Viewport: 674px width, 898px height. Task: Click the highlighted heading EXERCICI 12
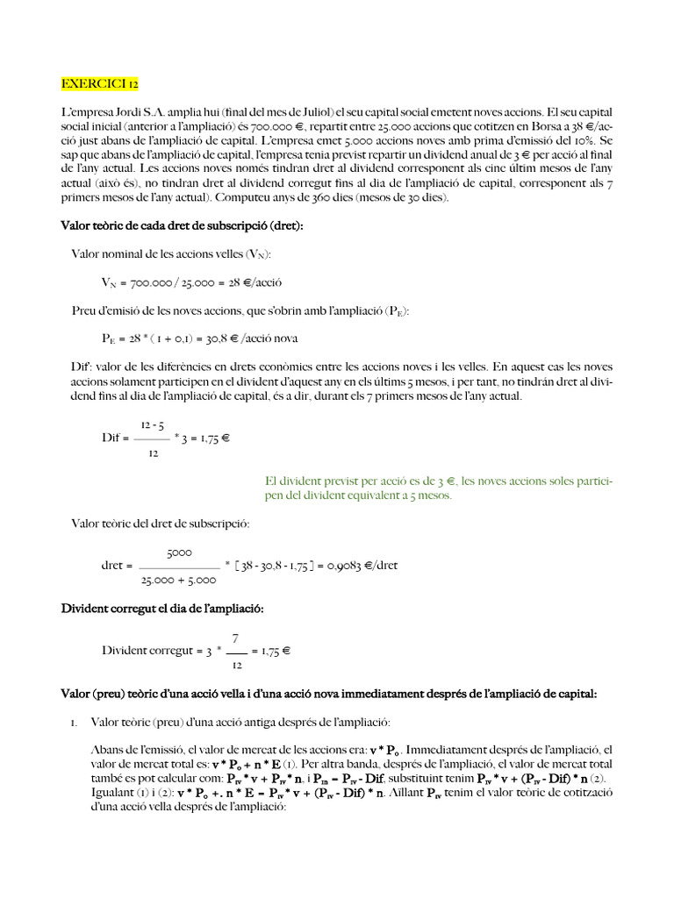[x=99, y=85]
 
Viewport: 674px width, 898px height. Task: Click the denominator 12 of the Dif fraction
[x=154, y=453]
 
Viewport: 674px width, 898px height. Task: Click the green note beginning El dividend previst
[x=438, y=488]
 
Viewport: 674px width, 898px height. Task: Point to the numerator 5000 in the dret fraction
[x=179, y=552]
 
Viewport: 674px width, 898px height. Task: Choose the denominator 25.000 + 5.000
[x=179, y=580]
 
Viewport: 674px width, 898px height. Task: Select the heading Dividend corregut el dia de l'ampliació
[x=161, y=608]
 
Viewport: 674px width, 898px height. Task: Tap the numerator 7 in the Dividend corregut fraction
[x=235, y=638]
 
